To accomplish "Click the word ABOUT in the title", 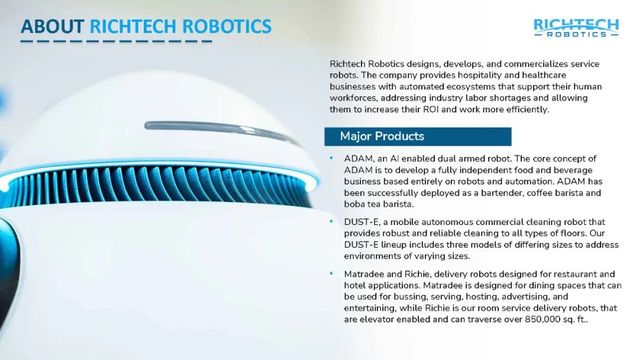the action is [53, 27].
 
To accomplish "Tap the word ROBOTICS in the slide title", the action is [227, 27].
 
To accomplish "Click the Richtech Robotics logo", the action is [576, 28].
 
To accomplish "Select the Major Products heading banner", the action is [418, 136].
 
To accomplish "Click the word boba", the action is [354, 204].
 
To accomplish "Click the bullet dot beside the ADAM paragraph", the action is [331, 157].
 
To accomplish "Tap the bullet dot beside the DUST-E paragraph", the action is [331, 221].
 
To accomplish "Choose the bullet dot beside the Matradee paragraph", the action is [331, 273].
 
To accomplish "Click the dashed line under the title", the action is [117, 41].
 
